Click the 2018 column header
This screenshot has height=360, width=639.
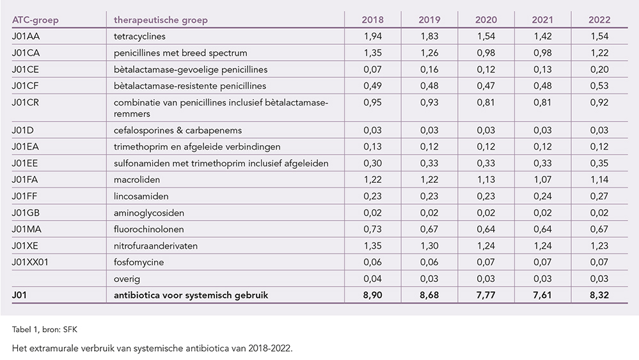tap(372, 20)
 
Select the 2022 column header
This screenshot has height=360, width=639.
tap(599, 20)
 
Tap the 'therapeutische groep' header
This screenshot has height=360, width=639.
tap(161, 20)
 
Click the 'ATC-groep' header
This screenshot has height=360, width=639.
tap(35, 20)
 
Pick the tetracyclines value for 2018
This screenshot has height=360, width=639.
tap(372, 36)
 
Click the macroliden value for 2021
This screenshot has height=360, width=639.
tap(542, 180)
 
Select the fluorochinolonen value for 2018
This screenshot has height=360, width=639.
tap(372, 230)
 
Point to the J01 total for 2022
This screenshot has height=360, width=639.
tap(599, 295)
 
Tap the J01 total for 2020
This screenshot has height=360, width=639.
tap(485, 295)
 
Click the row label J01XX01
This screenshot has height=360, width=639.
tap(30, 262)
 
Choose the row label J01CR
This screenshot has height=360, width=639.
tap(26, 102)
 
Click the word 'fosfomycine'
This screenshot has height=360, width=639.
tap(139, 262)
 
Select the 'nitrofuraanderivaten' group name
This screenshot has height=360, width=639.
tap(155, 246)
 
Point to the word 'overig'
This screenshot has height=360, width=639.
tap(127, 279)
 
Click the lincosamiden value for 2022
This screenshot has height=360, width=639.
tap(599, 196)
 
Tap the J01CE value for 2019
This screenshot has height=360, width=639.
tap(429, 69)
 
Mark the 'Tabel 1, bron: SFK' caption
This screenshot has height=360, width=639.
tap(44, 329)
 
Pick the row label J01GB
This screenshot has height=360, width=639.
tap(26, 213)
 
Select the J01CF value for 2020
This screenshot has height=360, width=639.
tap(485, 86)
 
